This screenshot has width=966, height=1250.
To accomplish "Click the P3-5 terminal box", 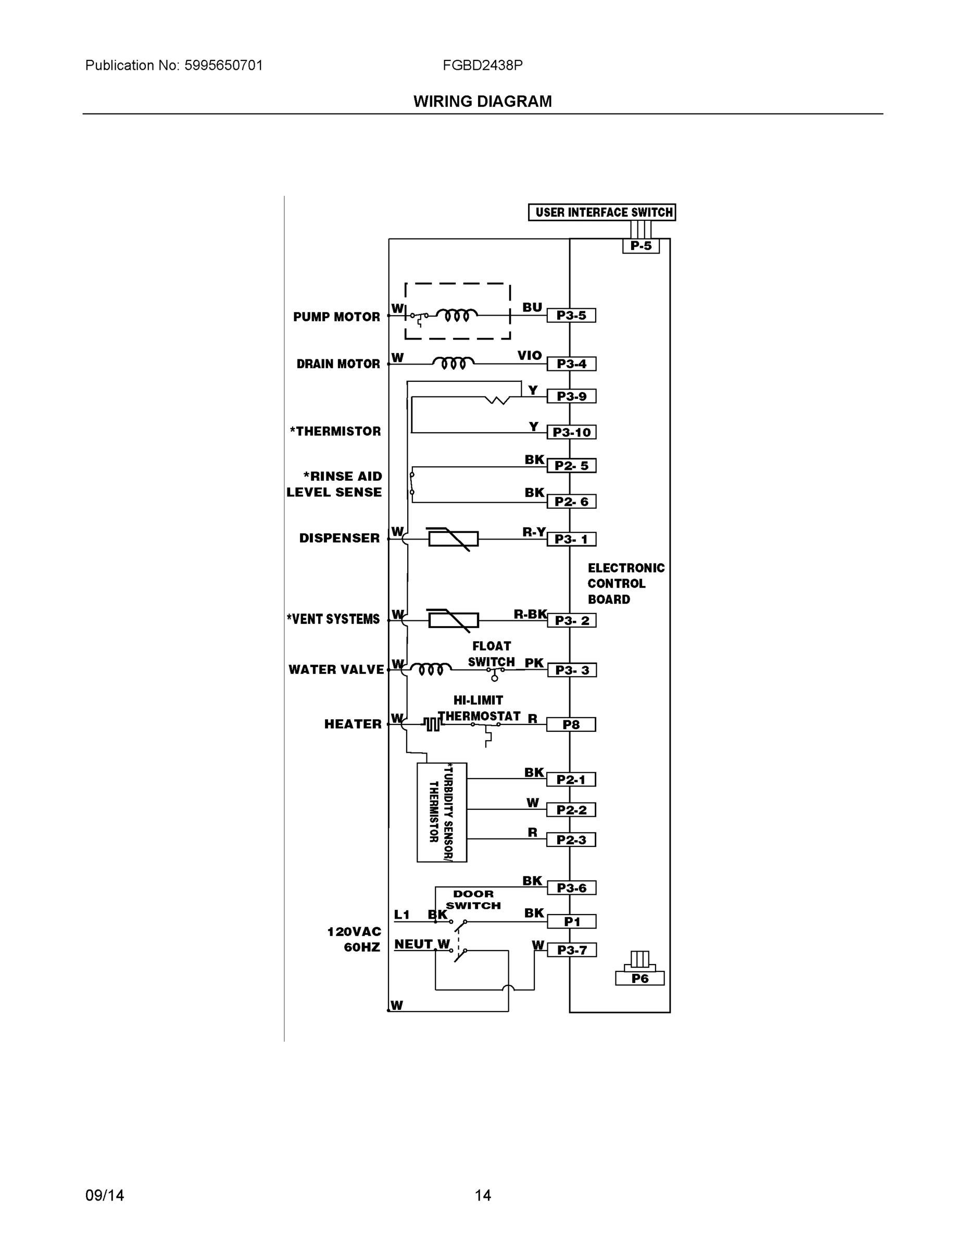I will pos(571,315).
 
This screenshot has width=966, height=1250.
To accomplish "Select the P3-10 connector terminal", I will pos(571,432).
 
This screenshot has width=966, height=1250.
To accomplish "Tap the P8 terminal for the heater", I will pos(571,724).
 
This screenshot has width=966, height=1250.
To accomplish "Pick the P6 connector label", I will pos(639,978).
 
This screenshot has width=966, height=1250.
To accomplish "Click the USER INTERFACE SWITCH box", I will pos(601,213).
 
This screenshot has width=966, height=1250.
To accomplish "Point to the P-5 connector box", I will pos(641,246).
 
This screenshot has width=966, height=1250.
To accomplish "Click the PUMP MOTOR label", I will pos(336,317).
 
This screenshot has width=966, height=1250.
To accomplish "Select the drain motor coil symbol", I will pos(453,363).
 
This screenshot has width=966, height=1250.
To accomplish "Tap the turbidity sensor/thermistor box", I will pos(442,812).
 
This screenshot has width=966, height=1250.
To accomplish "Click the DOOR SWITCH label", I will pos(473,899).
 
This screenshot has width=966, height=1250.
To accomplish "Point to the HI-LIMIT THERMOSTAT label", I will pos(479,708).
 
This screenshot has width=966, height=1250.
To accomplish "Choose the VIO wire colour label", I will pos(530,355).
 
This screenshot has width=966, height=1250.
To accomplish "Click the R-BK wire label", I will pos(530,614).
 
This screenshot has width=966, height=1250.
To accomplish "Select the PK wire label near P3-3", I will pos(534,663).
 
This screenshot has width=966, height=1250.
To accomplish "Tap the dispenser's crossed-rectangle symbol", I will pos(453,539).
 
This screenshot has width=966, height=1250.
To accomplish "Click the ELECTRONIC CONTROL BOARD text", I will pos(625,583).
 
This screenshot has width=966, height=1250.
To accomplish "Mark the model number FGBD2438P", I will pos(482,65).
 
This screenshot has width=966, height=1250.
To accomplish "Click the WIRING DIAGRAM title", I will pos(482,102).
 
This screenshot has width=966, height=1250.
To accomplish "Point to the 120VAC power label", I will pos(354,932).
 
